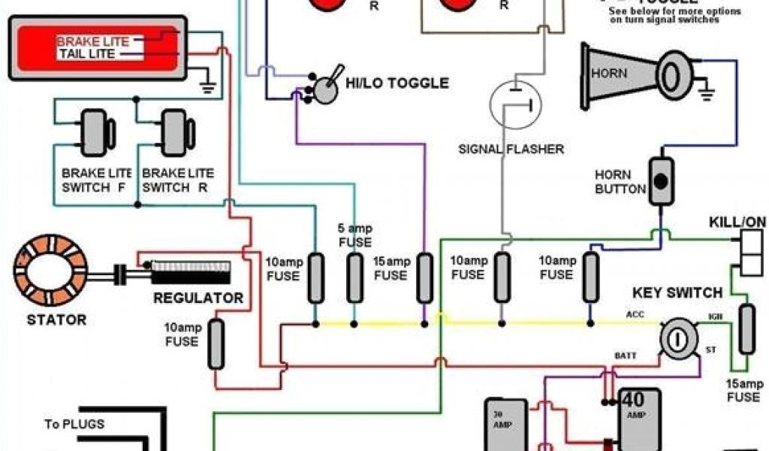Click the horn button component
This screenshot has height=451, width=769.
pyautogui.click(x=661, y=181)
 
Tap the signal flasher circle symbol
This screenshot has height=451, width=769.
pyautogui.click(x=515, y=104)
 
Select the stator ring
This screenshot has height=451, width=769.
pyautogui.click(x=50, y=270)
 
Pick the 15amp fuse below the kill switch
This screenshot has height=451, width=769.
pyautogui.click(x=746, y=329)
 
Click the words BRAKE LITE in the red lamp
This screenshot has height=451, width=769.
pyautogui.click(x=93, y=41)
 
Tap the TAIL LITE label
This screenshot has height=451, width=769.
pyautogui.click(x=86, y=54)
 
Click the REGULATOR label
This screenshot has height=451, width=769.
pyautogui.click(x=198, y=298)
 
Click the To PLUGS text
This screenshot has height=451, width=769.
pyautogui.click(x=74, y=424)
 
